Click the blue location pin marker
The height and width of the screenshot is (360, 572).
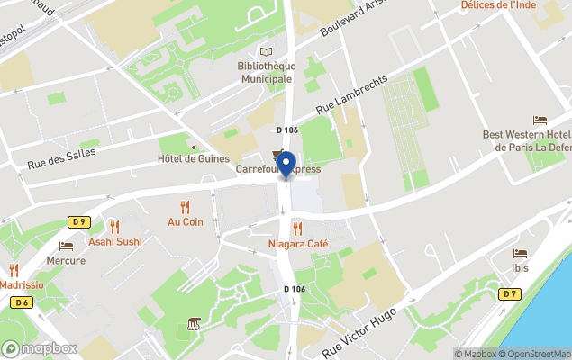(x=286, y=165)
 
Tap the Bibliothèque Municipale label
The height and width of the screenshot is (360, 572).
(x=265, y=72)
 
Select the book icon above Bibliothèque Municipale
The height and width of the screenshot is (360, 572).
(x=265, y=52)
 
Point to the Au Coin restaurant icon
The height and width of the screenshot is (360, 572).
(x=186, y=207)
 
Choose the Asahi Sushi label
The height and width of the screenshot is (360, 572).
(x=114, y=241)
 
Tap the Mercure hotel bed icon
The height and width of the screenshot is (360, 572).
(x=66, y=246)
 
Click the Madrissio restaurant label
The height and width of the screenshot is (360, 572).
(x=22, y=284)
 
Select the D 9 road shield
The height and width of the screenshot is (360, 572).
(x=78, y=221)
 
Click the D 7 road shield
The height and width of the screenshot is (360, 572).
(x=511, y=293)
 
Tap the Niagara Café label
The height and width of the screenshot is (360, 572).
(x=297, y=244)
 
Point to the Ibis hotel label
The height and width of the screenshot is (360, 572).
(x=520, y=268)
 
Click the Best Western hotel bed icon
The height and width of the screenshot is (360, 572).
(x=540, y=121)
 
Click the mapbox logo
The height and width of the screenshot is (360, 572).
(x=40, y=348)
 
